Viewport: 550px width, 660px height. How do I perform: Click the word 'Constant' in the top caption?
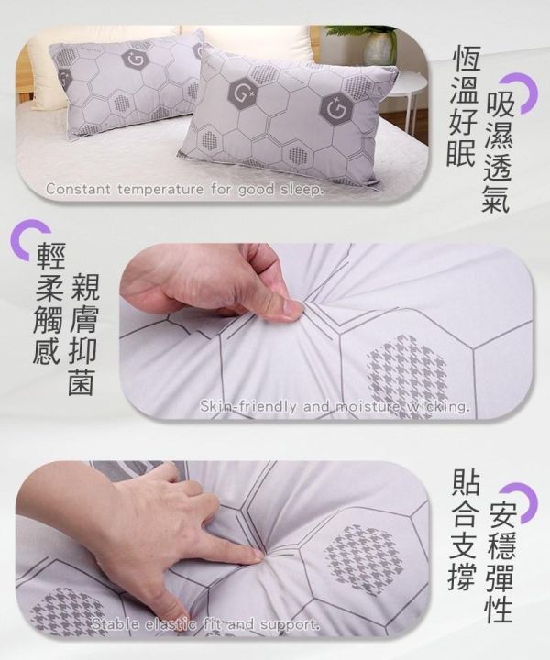point(75,191)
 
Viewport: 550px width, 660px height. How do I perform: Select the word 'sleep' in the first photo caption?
point(302,191)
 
